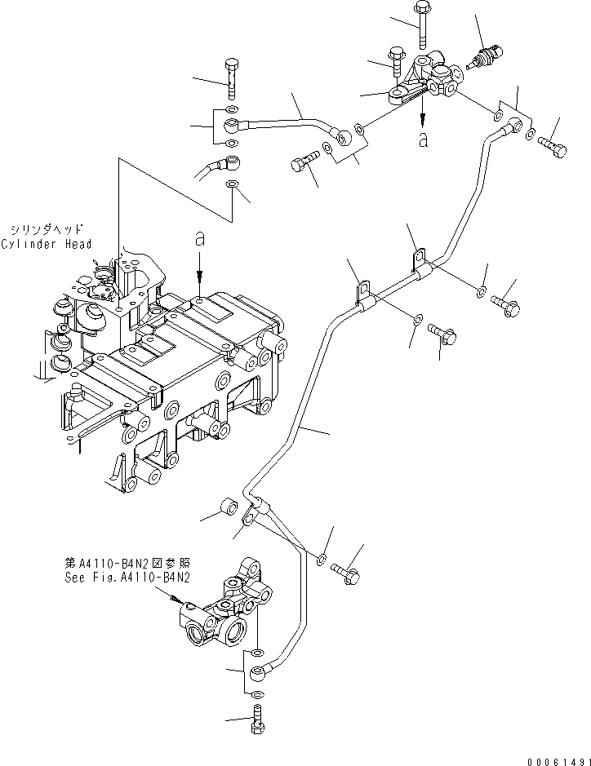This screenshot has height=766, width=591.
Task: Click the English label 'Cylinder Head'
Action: tap(46, 244)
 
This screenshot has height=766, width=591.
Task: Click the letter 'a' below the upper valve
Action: tap(422, 139)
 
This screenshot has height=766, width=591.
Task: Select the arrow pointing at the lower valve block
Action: tap(181, 600)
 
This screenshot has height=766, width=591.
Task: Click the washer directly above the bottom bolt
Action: tap(257, 693)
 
